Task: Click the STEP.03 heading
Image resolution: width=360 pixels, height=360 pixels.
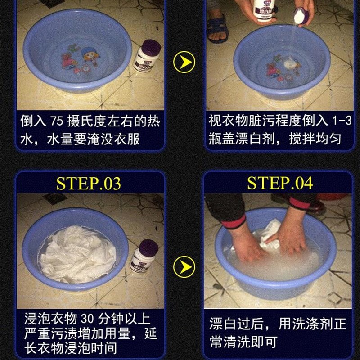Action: point(89,184)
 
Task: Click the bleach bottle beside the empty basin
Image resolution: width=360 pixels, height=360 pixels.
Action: point(147,57)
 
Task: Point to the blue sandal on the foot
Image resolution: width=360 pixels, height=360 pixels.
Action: point(218,28)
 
